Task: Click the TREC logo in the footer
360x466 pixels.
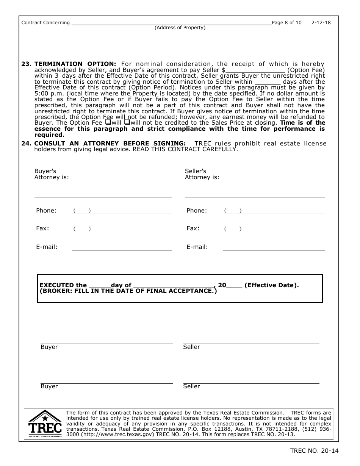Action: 45,424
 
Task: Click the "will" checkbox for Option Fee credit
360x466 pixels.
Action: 108,122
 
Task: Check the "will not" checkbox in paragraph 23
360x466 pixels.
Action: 127,122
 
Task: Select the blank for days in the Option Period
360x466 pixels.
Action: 268,81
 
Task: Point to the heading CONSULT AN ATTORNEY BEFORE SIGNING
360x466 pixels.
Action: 110,143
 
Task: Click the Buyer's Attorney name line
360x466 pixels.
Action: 122,178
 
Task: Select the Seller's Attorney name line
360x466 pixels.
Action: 274,178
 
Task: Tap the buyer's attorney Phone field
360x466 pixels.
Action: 122,211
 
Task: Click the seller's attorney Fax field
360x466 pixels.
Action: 274,229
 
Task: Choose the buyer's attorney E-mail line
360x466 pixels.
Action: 122,247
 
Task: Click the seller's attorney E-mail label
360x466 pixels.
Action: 197,247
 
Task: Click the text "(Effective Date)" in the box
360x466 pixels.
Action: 271,285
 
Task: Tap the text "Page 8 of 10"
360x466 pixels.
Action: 287,23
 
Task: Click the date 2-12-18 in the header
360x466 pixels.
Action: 321,23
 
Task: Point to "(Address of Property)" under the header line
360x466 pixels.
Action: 180,28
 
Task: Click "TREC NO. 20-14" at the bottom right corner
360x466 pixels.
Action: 314,451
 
